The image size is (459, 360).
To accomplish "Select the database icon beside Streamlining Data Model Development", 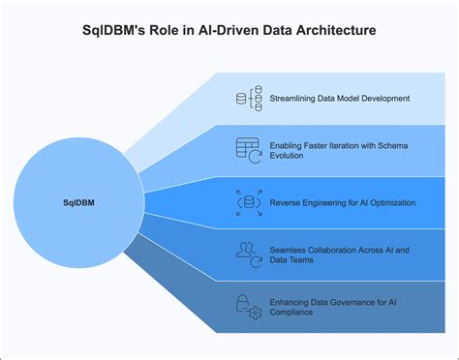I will click(248, 98).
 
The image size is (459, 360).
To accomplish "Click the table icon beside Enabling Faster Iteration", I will click(248, 149).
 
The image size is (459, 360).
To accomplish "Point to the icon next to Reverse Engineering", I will click(248, 202).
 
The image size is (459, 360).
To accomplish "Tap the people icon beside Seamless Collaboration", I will click(248, 255).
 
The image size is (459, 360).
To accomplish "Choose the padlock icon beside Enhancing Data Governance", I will click(248, 308).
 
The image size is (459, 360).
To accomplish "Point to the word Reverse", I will click(286, 202).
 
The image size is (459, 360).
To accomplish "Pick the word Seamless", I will click(289, 249).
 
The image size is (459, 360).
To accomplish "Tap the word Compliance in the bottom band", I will click(294, 315).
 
